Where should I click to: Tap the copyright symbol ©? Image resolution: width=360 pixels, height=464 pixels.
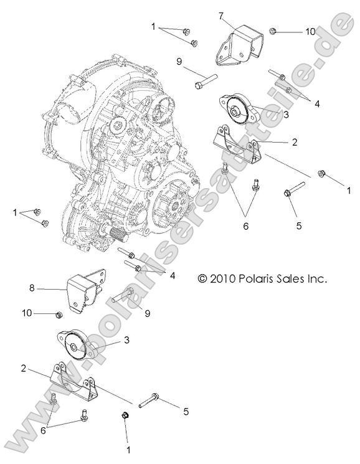coord(202,280)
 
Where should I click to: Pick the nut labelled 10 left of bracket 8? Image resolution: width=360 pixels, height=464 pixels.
coord(58,313)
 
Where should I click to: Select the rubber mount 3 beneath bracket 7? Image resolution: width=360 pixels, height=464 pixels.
coord(236,110)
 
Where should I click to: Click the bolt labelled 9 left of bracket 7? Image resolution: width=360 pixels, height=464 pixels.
coord(204,80)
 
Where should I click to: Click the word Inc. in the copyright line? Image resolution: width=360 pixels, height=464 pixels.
coord(315,280)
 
